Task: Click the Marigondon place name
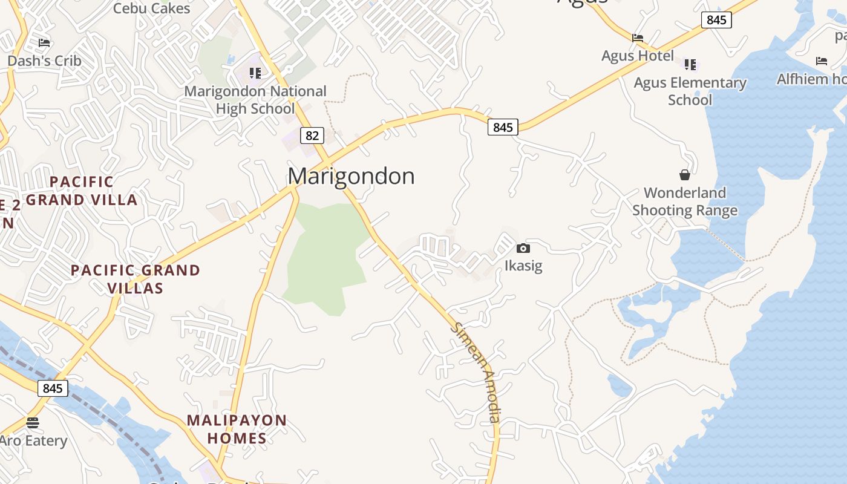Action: coord(351,176)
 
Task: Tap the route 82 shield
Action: coord(312,136)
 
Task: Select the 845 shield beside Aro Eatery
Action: coord(53,388)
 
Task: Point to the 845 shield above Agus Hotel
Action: coord(716,20)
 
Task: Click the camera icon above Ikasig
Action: coord(523,248)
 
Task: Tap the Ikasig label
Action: coord(523,266)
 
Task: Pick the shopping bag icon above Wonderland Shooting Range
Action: coord(685,175)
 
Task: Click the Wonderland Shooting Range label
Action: coord(685,201)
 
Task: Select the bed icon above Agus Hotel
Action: coord(638,38)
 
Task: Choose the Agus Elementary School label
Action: coord(690,91)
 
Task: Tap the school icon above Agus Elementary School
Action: coord(690,64)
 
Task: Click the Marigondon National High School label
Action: coord(255,100)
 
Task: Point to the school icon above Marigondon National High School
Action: coord(255,73)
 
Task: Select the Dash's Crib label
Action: coord(44,60)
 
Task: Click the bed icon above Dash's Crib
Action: coord(44,42)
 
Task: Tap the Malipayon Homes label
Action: coord(237,429)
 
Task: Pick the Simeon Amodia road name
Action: coord(478,372)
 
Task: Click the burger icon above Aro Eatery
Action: coord(33,422)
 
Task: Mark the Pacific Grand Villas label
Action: coord(136,279)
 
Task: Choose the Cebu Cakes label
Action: coord(151,8)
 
